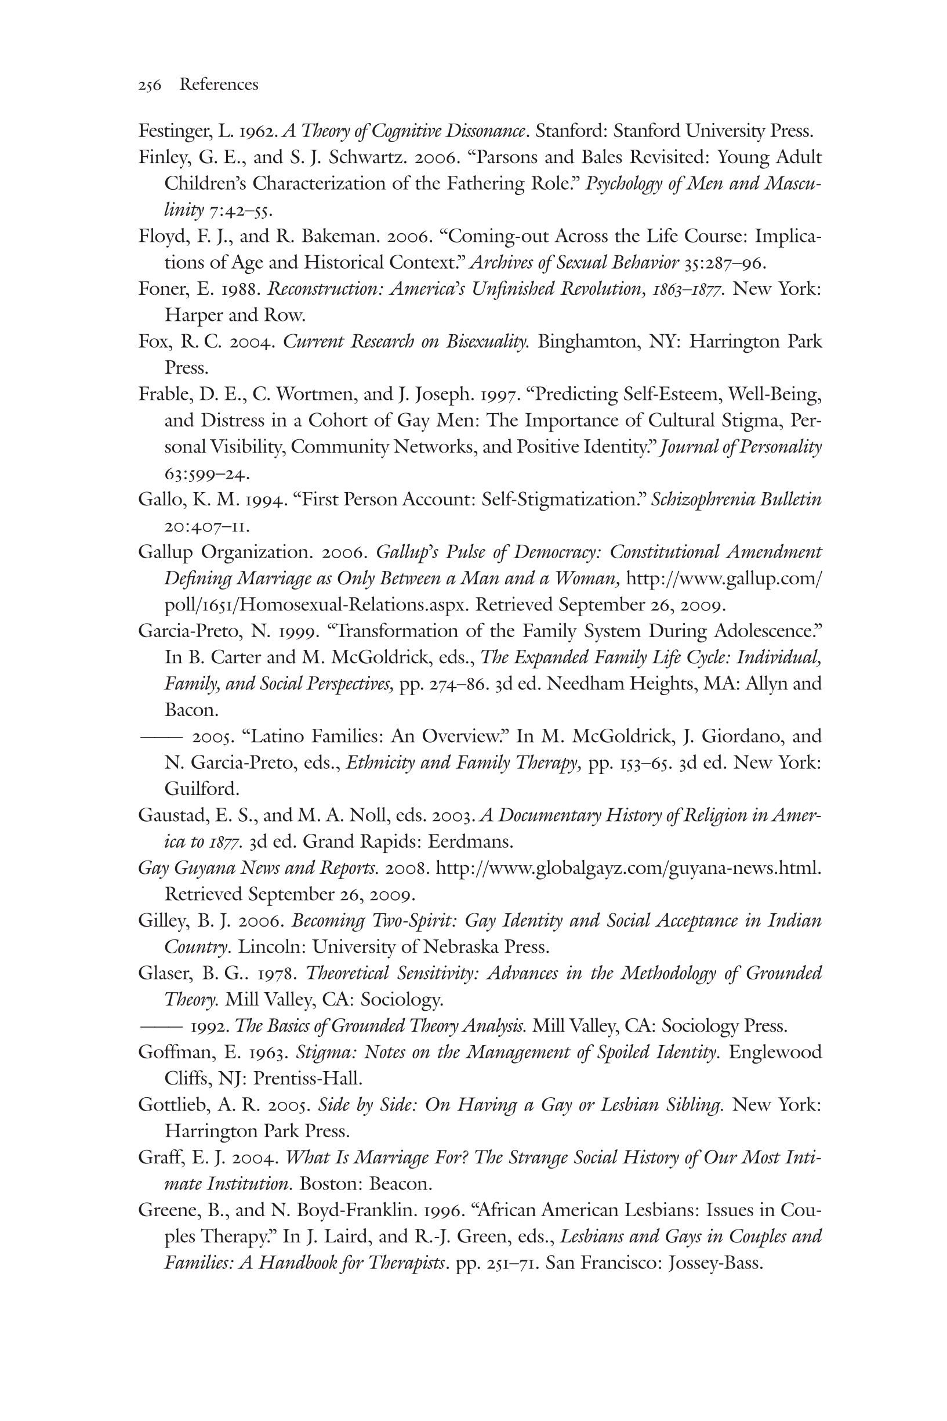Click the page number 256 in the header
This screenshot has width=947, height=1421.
[150, 85]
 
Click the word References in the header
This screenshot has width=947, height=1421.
[219, 85]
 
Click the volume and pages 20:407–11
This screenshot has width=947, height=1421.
[206, 526]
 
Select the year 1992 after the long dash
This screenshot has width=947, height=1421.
[211, 1026]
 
